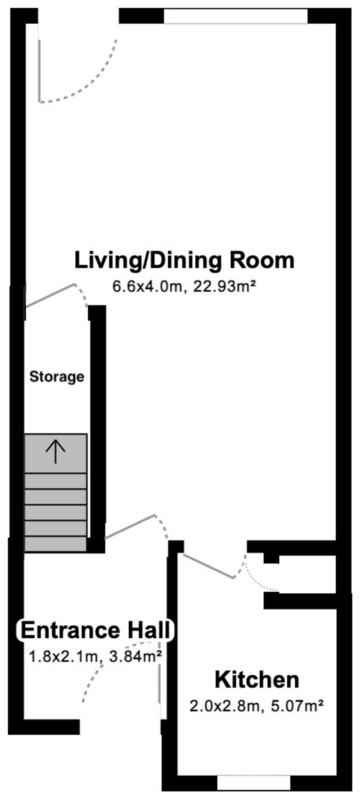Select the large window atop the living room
[236, 16]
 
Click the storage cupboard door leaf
[50, 295]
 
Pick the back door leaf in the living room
[39, 71]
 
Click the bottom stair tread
[55, 544]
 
